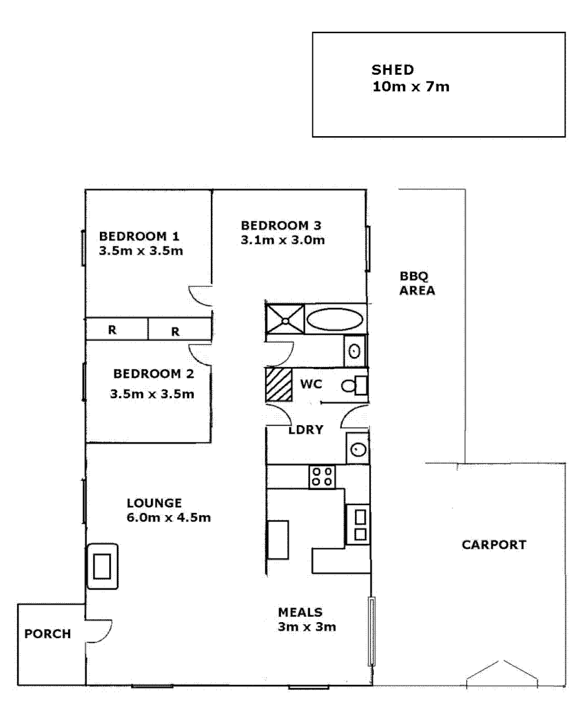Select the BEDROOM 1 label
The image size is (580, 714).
click(x=139, y=236)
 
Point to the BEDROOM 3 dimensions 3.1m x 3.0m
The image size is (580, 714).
click(x=282, y=239)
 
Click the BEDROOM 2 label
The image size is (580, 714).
click(x=153, y=374)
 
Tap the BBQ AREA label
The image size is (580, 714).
click(x=417, y=283)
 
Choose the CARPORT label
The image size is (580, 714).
click(x=493, y=545)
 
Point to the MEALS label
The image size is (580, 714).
click(x=300, y=612)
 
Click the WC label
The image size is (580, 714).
click(x=311, y=383)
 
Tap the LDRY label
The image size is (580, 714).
click(x=306, y=430)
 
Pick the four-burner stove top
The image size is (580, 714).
click(x=322, y=476)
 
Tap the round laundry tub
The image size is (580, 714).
click(x=358, y=450)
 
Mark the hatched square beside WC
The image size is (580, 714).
click(x=278, y=384)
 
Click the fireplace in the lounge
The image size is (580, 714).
click(x=103, y=567)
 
